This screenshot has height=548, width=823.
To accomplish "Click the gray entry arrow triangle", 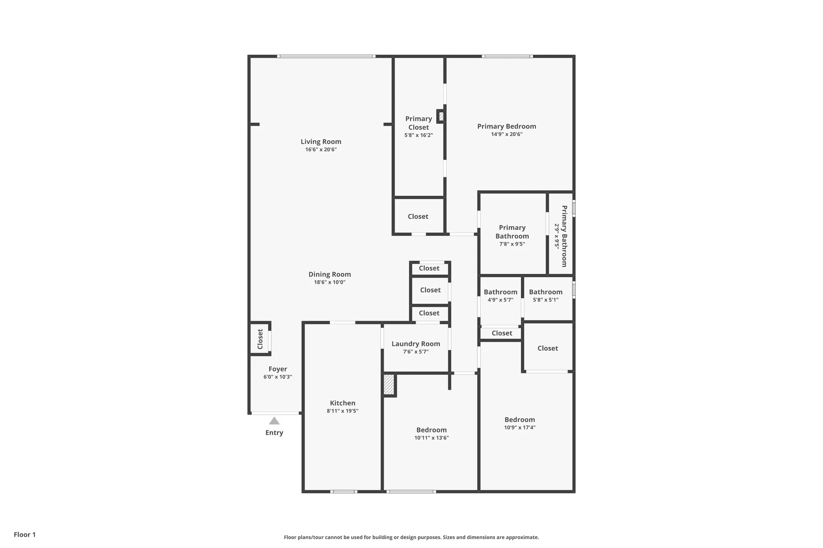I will coord(274,421).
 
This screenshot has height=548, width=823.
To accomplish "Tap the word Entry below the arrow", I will coord(274,432).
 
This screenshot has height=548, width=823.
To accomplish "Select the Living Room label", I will coord(321,141).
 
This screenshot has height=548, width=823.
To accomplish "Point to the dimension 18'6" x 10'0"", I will coord(330,282).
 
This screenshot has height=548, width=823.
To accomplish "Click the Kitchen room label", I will coord(342,403).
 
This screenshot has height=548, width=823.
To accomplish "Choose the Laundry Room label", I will coord(416,344).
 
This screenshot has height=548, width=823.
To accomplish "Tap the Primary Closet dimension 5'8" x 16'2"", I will coord(418,135).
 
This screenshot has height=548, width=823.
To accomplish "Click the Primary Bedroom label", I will coord(507,126).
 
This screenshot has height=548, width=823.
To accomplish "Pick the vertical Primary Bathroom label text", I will coord(565,236).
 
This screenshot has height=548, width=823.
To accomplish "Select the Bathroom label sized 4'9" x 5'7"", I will coord(500,292).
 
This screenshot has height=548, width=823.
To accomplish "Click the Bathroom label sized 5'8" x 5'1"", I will coord(546,292).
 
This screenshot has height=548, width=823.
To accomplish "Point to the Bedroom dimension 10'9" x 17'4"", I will coord(520,428).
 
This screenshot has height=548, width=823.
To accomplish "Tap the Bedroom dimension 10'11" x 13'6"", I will coord(431,438).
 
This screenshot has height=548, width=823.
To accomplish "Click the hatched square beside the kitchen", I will coord(389,384).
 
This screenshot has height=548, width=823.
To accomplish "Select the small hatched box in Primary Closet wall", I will coord(441,116).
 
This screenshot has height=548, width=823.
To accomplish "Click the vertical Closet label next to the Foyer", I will coord(260,339).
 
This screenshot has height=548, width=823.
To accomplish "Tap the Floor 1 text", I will coord(25,534).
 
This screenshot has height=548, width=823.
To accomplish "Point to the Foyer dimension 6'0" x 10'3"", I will coord(278,377).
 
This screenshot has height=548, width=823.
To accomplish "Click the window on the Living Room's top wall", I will coord(326,56).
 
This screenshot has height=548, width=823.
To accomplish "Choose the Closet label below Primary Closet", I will coord(418,216).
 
